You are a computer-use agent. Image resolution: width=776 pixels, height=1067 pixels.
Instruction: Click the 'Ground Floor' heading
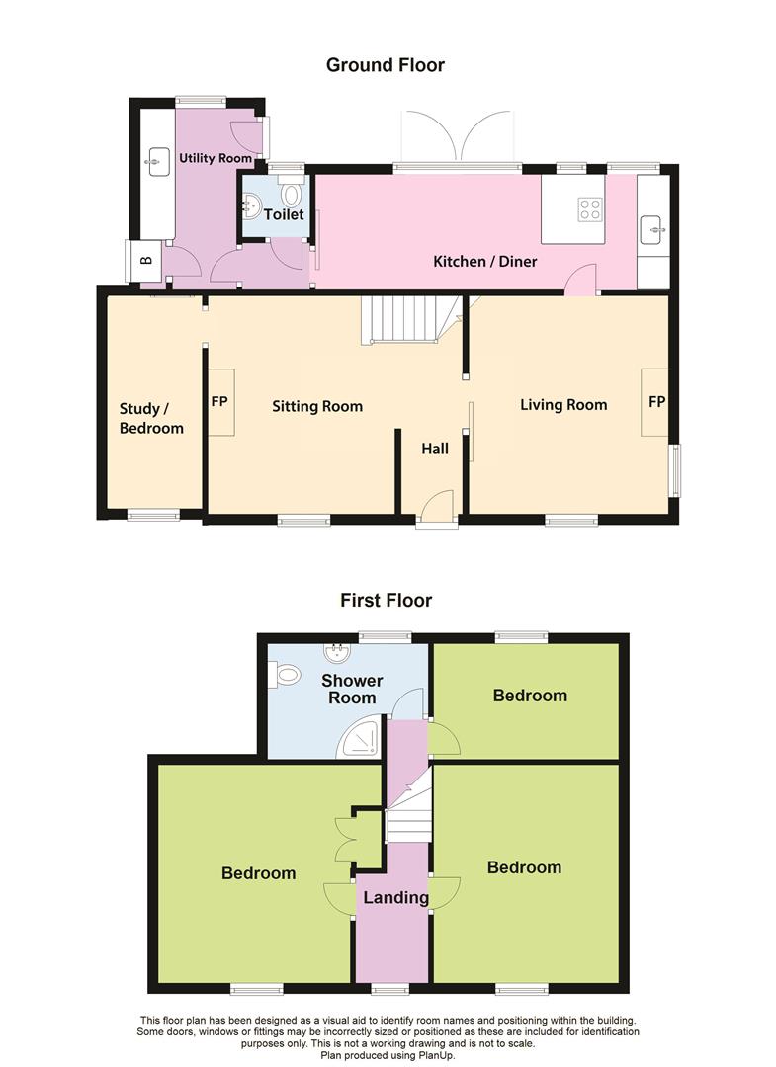click(386, 65)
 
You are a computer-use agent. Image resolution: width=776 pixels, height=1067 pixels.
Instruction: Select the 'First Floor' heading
click(386, 600)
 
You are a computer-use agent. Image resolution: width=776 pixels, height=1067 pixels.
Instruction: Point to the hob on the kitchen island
click(590, 208)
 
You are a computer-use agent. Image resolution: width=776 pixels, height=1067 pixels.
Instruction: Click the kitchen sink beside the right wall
click(652, 229)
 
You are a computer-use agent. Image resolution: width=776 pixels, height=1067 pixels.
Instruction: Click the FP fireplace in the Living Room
click(655, 402)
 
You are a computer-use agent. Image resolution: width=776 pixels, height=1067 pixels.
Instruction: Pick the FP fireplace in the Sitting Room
click(219, 402)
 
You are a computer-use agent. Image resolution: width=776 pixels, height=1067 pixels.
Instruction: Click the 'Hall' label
click(435, 449)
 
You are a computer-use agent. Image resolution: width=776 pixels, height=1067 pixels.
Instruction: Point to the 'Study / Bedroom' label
click(151, 418)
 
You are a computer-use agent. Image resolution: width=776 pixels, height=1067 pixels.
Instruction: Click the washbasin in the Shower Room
click(338, 652)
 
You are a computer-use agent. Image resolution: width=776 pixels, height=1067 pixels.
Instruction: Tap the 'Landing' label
click(395, 898)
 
